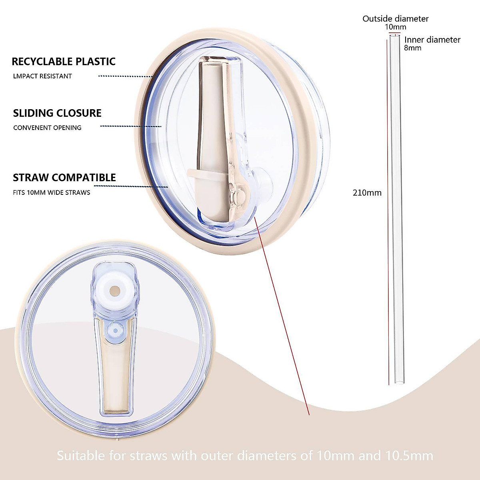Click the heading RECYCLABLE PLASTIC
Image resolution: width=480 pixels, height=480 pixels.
pyautogui.click(x=64, y=62)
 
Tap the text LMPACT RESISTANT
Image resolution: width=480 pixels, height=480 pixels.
pyautogui.click(x=42, y=76)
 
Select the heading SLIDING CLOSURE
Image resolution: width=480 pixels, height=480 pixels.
pyautogui.click(x=57, y=113)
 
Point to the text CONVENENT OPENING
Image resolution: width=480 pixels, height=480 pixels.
pyautogui.click(x=47, y=128)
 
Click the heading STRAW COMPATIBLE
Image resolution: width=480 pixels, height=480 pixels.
pyautogui.click(x=64, y=178)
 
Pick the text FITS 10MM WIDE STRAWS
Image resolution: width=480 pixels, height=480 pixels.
pyautogui.click(x=52, y=192)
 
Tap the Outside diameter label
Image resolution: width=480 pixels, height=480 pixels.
pyautogui.click(x=395, y=18)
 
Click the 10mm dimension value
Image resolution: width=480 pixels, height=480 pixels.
pyautogui.click(x=396, y=27)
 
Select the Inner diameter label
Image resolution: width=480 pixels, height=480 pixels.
pyautogui.click(x=432, y=40)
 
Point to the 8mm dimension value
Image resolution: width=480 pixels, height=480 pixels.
pyautogui.click(x=412, y=48)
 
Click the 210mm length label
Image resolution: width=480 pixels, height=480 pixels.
pyautogui.click(x=367, y=193)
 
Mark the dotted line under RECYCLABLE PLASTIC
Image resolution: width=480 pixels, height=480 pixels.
pyautogui.click(x=126, y=76)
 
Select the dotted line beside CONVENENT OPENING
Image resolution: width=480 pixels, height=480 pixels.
pyautogui.click(x=130, y=126)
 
